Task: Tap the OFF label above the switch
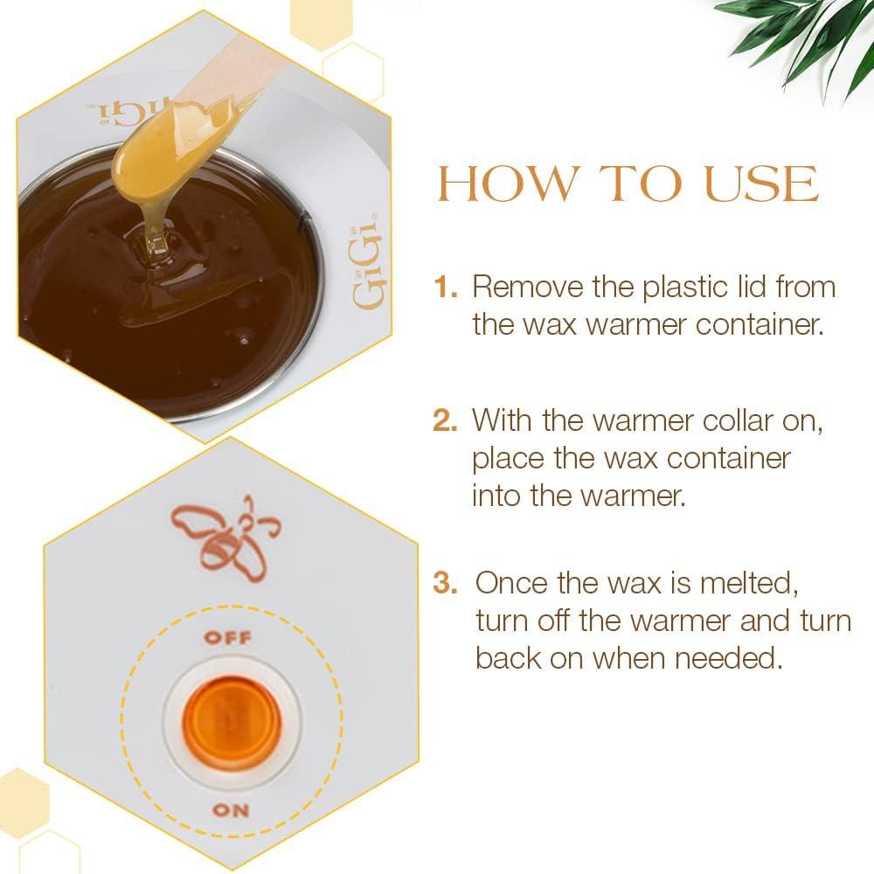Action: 227,637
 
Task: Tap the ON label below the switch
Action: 231,809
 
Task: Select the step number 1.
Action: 446,287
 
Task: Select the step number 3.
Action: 446,583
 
